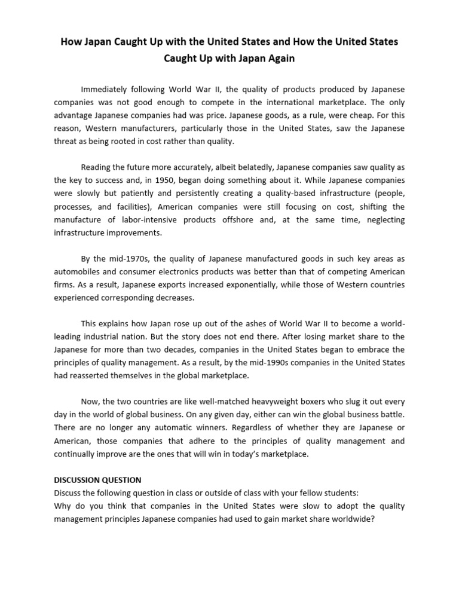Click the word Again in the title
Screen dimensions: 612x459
pyautogui.click(x=280, y=59)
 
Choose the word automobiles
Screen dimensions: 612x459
pyautogui.click(x=80, y=272)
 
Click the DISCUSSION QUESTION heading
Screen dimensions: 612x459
pyautogui.click(x=97, y=480)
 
